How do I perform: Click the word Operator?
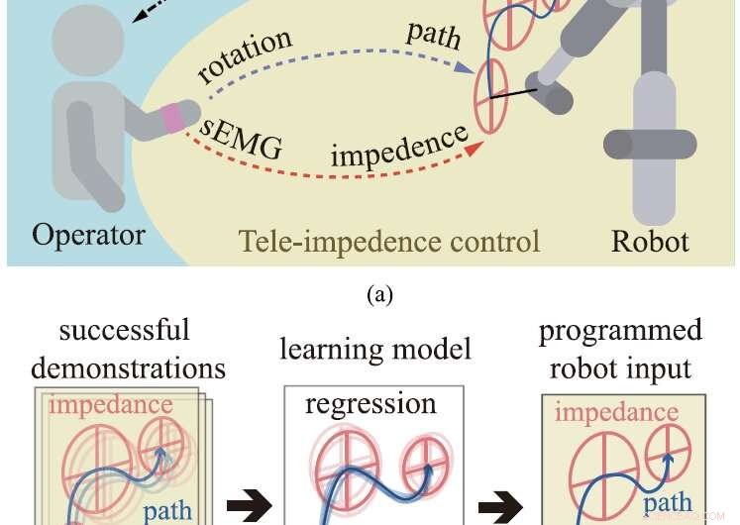pyautogui.click(x=88, y=235)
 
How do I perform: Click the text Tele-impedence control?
pyautogui.click(x=389, y=241)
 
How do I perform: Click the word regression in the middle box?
pyautogui.click(x=370, y=404)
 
